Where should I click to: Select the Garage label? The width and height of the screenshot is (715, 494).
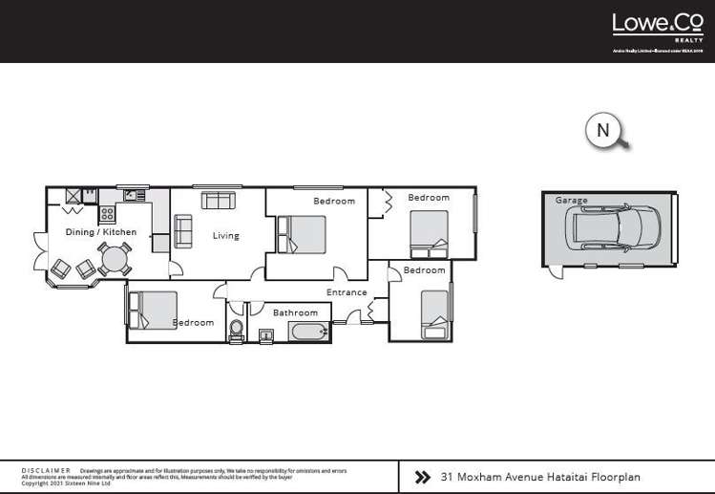tap(572, 201)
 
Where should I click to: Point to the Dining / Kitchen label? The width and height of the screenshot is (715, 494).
tap(100, 232)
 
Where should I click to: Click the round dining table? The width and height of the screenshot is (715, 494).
tap(114, 259)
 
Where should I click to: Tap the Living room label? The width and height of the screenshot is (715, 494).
tap(225, 236)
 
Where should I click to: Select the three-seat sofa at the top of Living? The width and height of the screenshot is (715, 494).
tap(219, 201)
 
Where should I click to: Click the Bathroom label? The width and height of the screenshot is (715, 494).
tap(295, 312)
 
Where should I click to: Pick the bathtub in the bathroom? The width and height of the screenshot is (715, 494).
tap(308, 333)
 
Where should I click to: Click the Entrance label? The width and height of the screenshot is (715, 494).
tap(347, 292)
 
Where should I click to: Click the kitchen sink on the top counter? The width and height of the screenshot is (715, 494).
tap(132, 196)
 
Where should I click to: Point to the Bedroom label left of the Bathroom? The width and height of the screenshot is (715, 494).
tap(194, 323)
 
